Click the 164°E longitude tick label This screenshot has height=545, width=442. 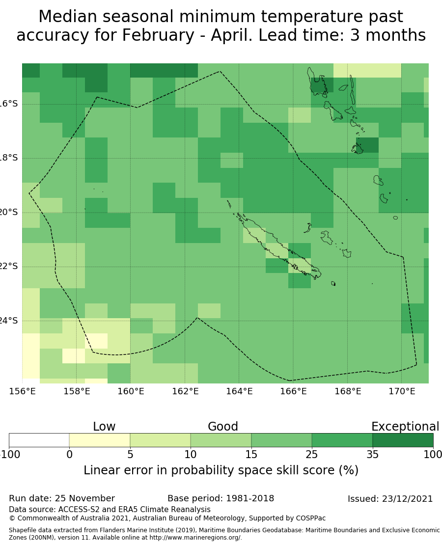point(239,391)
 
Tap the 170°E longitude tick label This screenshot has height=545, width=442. point(402,391)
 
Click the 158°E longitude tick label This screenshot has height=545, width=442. point(77,391)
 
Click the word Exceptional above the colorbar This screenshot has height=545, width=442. point(405,427)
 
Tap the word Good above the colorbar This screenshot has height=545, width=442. point(223,427)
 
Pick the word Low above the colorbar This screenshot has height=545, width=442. point(104,427)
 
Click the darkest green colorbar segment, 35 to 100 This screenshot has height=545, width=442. point(403,440)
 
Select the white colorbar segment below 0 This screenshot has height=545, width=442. point(39,440)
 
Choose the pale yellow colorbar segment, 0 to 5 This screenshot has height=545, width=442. point(100,440)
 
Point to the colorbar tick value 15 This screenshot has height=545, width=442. point(251,455)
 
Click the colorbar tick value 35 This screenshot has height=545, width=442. point(372,455)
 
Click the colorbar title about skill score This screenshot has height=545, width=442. point(221,470)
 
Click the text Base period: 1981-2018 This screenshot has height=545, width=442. point(221,498)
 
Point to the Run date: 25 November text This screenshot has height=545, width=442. point(62,498)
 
